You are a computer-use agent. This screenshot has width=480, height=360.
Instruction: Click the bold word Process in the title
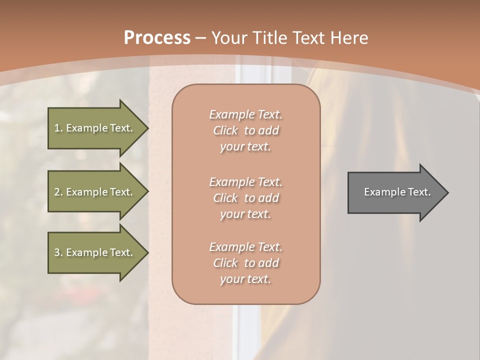click(157, 38)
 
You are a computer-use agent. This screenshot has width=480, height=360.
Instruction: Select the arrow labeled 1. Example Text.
click(95, 128)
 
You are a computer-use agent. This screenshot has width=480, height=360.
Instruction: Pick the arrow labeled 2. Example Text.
click(95, 192)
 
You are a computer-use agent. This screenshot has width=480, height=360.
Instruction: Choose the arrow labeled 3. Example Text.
click(95, 252)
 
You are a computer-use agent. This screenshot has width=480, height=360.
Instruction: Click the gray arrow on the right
click(395, 192)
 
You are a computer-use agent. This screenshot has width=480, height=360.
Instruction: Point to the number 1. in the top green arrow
click(58, 128)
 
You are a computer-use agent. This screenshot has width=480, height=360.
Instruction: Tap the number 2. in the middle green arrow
click(58, 192)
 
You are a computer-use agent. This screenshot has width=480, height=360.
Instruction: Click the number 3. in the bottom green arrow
click(58, 252)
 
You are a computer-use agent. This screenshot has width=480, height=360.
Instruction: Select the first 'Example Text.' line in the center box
click(245, 114)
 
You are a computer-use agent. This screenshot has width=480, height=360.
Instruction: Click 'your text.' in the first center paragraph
click(245, 147)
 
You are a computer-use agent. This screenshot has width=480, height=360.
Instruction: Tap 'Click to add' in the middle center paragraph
click(245, 198)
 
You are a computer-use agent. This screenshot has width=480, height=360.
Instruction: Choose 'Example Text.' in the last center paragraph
click(245, 247)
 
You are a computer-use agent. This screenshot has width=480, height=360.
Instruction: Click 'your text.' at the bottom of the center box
click(245, 279)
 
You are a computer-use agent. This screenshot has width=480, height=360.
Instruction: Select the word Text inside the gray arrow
click(419, 192)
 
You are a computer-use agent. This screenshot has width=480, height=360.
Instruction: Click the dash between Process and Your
click(201, 38)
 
